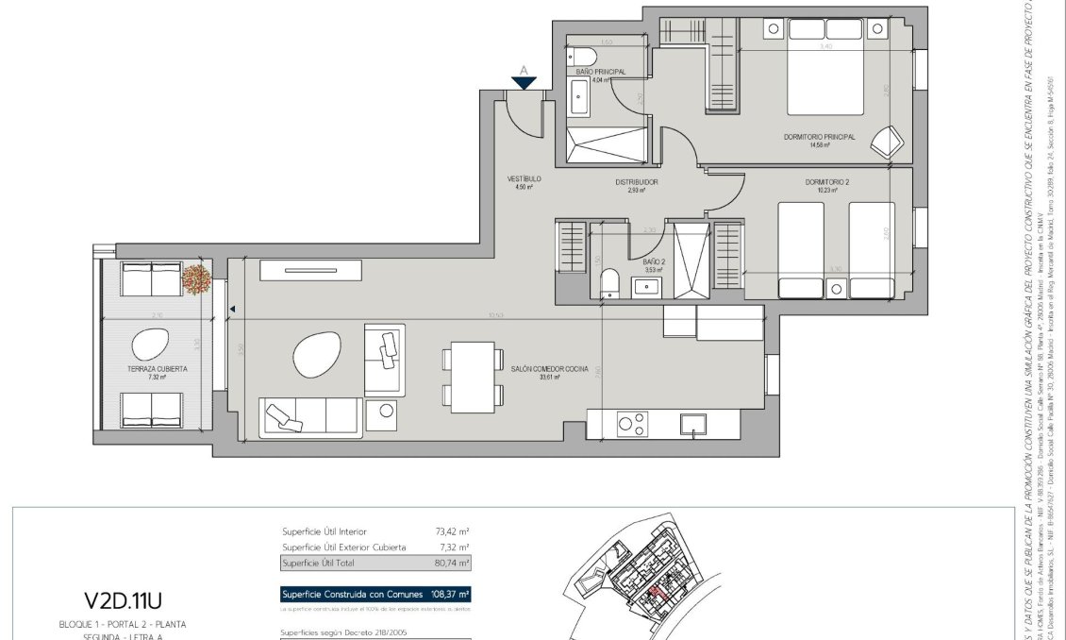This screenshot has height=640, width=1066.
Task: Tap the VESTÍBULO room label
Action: tap(524, 178)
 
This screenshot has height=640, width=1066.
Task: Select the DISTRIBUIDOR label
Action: tap(637, 182)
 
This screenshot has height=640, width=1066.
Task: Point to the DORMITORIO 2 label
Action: tap(827, 182)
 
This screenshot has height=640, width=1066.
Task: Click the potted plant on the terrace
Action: tap(196, 278)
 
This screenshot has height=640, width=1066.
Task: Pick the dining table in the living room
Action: tap(473, 377)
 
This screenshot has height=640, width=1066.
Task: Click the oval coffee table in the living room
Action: tap(317, 357)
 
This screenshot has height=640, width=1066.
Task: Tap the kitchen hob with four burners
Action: tap(632, 424)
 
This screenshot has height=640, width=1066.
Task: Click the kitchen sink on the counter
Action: tap(692, 425)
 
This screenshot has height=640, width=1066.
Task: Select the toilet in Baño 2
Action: tap(610, 282)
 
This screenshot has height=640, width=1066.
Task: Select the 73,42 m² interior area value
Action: tap(453, 531)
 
